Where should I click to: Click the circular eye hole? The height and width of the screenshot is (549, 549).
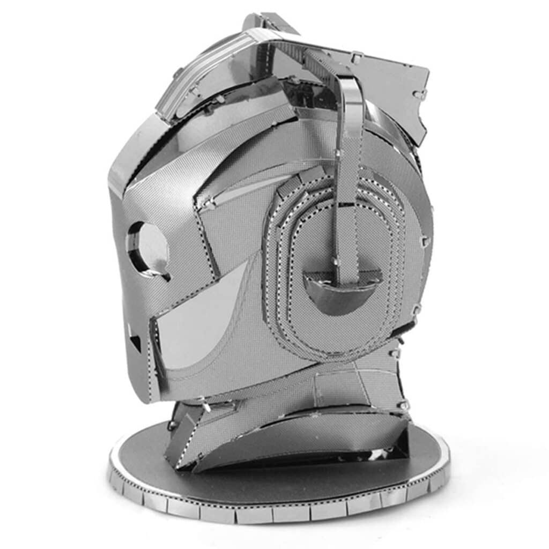(146, 247)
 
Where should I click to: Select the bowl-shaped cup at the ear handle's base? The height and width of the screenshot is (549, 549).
(342, 290)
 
